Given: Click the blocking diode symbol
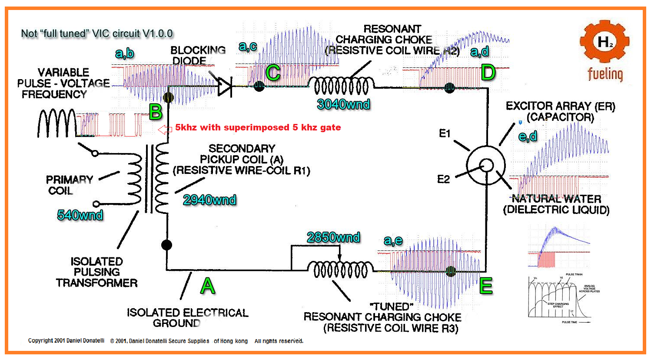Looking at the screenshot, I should [224, 87].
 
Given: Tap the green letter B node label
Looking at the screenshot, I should [156, 112].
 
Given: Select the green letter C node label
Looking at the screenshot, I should [273, 73].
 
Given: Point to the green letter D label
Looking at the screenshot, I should [488, 72].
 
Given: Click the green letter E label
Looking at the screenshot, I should [486, 286].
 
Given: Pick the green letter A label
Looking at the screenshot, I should [208, 286].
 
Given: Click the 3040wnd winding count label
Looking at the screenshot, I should [343, 104].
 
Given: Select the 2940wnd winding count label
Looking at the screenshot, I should [209, 200].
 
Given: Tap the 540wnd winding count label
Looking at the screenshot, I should [80, 215].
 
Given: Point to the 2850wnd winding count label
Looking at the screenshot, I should [333, 237].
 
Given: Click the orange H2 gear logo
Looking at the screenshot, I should [605, 42].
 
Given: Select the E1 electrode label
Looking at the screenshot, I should [445, 133].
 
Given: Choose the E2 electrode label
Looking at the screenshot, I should [443, 179].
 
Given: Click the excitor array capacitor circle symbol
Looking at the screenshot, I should [486, 165].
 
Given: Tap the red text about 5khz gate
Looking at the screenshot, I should [258, 127].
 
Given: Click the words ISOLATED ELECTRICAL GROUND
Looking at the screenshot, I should [187, 318].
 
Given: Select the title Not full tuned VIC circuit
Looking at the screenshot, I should [96, 33].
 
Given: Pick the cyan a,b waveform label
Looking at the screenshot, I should [124, 53].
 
